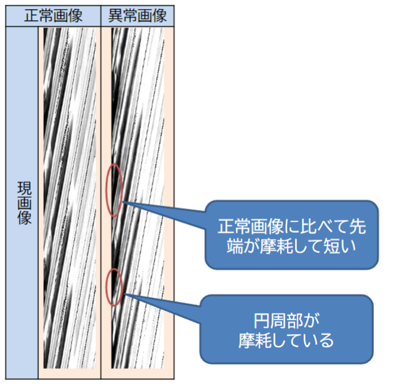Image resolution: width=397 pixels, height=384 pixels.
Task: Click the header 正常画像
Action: pyautogui.click(x=53, y=16)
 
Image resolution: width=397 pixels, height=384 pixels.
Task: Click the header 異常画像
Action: pyautogui.click(x=138, y=16)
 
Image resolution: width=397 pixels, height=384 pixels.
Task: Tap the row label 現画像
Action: pyautogui.click(x=23, y=202)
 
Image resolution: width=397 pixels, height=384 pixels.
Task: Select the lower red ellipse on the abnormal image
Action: pyautogui.click(x=114, y=287)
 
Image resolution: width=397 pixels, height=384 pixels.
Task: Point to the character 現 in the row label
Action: pyautogui.click(x=23, y=187)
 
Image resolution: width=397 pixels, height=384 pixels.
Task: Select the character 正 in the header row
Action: pyautogui.click(x=30, y=16)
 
